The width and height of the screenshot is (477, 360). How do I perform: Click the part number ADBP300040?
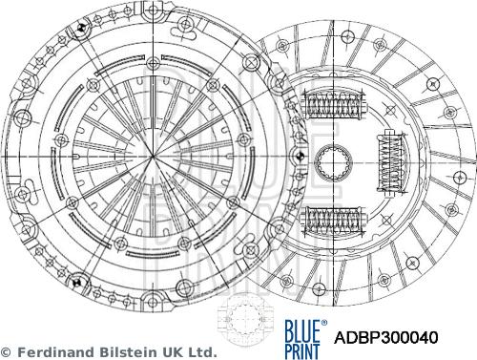tap(386, 338)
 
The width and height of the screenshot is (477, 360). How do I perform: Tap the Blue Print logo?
tap(305, 339)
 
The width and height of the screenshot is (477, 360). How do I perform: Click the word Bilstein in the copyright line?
tap(130, 352)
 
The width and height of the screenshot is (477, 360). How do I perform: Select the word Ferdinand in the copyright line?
tap(57, 352)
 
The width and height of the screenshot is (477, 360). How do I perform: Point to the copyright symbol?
tap(7, 352)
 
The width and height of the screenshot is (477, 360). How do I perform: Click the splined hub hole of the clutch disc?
tap(333, 161)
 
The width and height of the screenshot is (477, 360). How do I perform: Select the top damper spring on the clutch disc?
tap(334, 104)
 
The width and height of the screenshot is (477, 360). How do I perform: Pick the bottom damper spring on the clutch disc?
tap(334, 219)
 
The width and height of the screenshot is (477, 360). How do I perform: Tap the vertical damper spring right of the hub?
tap(390, 161)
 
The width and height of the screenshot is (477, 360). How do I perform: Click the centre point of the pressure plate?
tap(153, 157)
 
